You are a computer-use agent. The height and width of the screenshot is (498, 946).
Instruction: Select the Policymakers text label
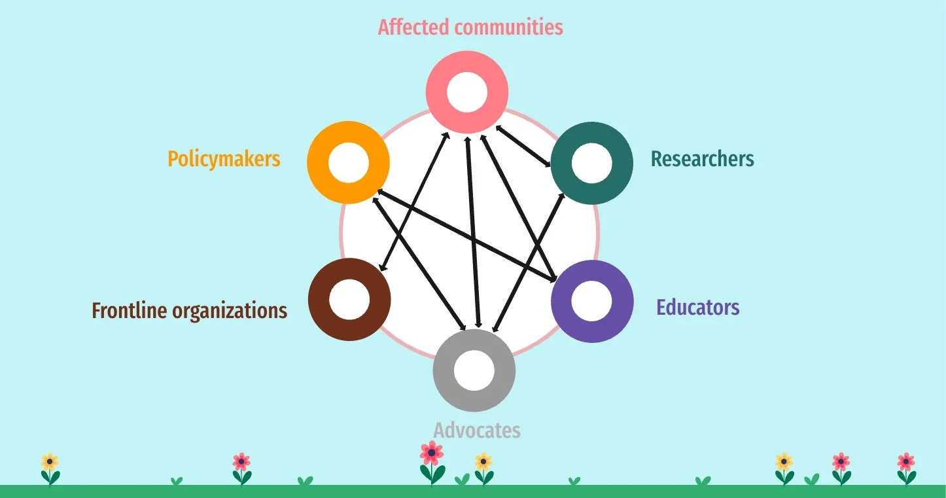(x=224, y=159)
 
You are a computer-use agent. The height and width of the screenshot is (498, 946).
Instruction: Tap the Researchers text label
(x=702, y=159)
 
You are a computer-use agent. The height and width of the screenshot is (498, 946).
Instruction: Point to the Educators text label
(x=697, y=308)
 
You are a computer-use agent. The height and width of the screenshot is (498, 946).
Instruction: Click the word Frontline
(x=129, y=310)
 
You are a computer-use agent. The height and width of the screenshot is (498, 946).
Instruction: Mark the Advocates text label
(x=477, y=431)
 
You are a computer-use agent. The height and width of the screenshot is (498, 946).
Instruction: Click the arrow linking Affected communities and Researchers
(x=523, y=145)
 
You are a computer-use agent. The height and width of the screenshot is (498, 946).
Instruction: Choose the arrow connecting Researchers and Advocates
(x=527, y=262)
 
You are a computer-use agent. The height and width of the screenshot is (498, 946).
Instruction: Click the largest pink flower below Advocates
(x=432, y=453)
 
